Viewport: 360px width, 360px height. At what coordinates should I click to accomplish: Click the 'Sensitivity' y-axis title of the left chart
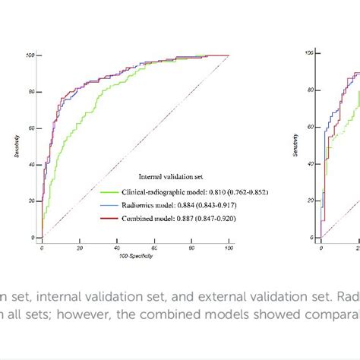click(17, 146)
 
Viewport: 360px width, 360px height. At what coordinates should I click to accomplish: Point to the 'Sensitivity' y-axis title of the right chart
click(295, 145)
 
